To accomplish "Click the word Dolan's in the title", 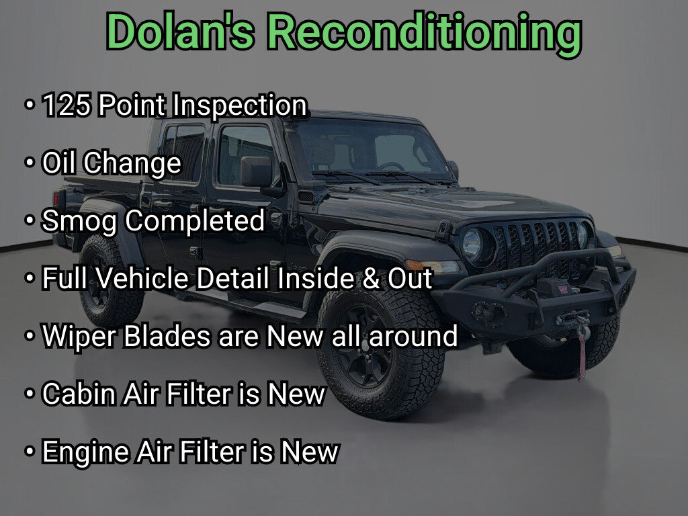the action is [180, 32].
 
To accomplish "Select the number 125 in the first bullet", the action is [67, 105].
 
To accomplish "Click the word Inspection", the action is [240, 105].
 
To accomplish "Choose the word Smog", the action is [79, 220].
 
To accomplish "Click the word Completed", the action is [195, 220].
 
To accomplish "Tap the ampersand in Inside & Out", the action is [371, 279].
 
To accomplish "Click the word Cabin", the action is [78, 394].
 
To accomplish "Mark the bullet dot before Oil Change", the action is [30, 163].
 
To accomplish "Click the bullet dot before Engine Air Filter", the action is [30, 451].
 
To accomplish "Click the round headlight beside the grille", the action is [473, 245].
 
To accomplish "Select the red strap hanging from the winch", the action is [583, 356].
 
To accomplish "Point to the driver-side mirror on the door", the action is [256, 171].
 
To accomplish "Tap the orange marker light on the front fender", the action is [414, 265].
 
